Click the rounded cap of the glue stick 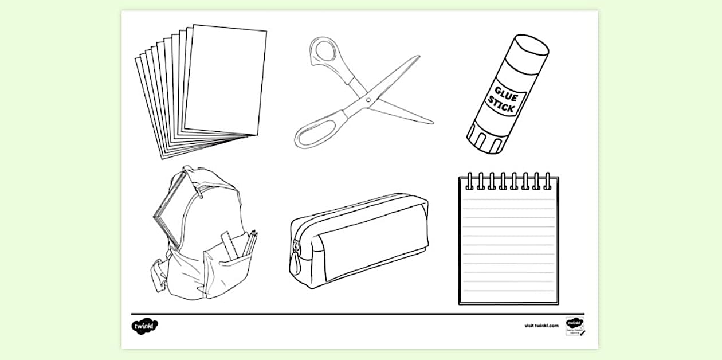tap(531, 45)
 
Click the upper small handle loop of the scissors tap(326, 52)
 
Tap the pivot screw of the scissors tap(368, 101)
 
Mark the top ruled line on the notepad tap(508, 199)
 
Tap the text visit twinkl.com tap(541, 326)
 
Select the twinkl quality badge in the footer tap(574, 326)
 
